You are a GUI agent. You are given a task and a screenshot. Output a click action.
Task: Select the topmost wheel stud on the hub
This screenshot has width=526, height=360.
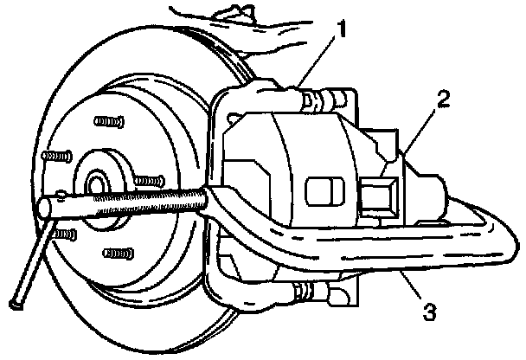pyautogui.click(x=106, y=120)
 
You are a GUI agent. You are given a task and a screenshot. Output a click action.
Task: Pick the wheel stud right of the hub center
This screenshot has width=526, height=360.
pyautogui.click(x=149, y=181)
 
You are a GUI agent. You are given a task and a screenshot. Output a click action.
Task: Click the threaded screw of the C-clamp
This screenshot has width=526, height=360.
pyautogui.click(x=147, y=201)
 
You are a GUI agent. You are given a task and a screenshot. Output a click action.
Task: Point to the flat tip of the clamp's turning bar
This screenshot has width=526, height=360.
pyautogui.click(x=15, y=304)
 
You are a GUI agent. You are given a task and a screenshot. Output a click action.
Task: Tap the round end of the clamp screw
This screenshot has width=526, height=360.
pyautogui.click(x=48, y=209)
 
